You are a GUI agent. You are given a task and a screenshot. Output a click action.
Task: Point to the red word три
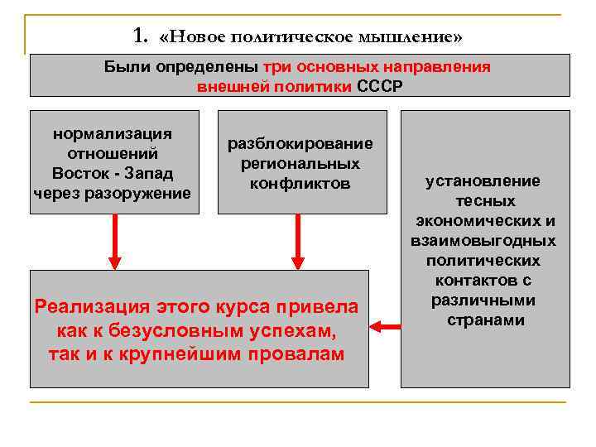[276, 68]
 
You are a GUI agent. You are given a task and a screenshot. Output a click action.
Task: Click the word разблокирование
[301, 143]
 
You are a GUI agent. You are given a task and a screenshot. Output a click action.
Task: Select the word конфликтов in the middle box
[300, 183]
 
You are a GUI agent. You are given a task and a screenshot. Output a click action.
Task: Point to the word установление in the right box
[483, 180]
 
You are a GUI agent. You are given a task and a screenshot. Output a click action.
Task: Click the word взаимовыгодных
[483, 240]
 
